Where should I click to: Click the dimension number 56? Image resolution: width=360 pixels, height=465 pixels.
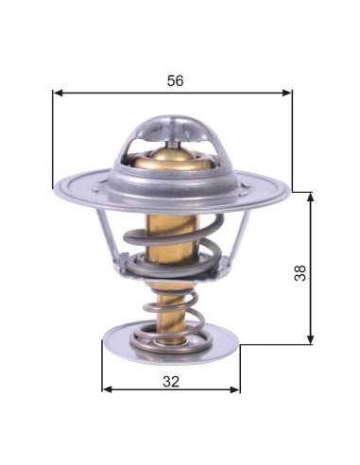coord(175,81)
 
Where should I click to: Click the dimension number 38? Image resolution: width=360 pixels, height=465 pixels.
coord(300,273)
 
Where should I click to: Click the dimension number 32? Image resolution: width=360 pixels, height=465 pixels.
coord(171,382)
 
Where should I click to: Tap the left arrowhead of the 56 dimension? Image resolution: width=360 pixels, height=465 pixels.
coord(59,93)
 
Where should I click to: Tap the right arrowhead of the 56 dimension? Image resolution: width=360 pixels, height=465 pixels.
coord(286,93)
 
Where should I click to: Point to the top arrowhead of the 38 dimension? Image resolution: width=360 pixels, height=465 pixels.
coord(311,198)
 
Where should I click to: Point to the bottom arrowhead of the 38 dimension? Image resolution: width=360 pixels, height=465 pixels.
coord(311,338)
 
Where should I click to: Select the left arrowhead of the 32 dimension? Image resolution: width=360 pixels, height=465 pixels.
coord(108,389)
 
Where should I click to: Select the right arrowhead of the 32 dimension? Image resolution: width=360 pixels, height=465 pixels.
coord(234,389)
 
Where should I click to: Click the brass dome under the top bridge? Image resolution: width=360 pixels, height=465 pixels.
coord(172,159)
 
